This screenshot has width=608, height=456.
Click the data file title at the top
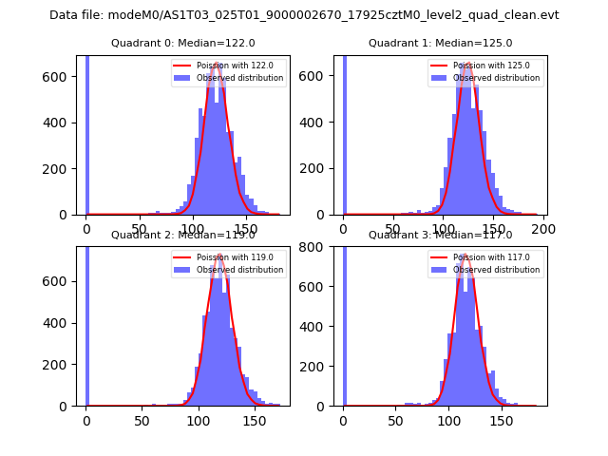304,15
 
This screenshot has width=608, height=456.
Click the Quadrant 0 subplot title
182,43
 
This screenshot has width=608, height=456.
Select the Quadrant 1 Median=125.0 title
440,43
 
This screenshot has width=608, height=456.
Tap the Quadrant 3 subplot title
440,235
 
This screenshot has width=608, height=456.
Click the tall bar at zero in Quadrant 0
86,133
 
